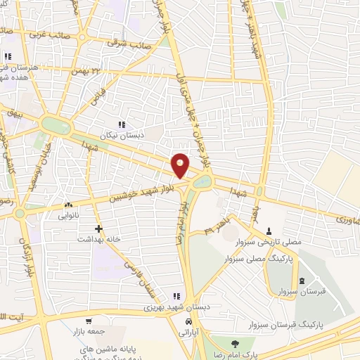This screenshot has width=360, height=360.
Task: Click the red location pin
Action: coord(181,165)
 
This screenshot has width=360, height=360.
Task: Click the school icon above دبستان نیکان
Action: coord(122,124)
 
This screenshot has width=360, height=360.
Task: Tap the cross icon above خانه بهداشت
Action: coord(98,229)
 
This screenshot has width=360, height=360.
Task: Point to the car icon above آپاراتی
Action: coord(188,321)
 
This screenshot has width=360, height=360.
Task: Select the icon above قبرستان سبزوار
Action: coord(302,281)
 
